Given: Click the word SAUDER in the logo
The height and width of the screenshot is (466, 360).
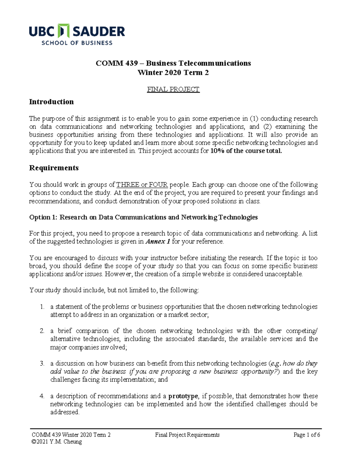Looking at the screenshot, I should pyautogui.click(x=99, y=32).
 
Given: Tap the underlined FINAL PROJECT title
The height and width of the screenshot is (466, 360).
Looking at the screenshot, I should pyautogui.click(x=173, y=89).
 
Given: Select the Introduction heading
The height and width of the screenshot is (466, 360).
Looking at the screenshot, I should pyautogui.click(x=51, y=102).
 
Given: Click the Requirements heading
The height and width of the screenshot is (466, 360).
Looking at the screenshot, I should pyautogui.click(x=54, y=168).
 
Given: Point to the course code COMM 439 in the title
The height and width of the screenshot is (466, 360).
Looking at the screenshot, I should pyautogui.click(x=116, y=63).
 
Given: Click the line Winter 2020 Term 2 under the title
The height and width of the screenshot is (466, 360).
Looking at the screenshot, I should pyautogui.click(x=173, y=73).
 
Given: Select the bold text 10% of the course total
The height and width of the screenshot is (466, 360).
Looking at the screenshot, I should pyautogui.click(x=246, y=151).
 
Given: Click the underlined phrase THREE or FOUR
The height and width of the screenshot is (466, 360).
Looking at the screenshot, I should pyautogui.click(x=142, y=185).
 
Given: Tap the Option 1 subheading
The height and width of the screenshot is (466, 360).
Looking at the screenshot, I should pyautogui.click(x=143, y=217).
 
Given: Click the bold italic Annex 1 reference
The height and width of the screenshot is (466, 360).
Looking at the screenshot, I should pyautogui.click(x=158, y=242).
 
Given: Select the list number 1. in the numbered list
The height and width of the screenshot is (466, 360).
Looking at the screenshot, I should pyautogui.click(x=42, y=307).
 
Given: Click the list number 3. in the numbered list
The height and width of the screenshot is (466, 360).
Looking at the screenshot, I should pyautogui.click(x=42, y=364).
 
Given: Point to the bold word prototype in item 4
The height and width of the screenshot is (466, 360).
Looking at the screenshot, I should pyautogui.click(x=183, y=396).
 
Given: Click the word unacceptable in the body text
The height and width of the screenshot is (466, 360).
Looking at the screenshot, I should pyautogui.click(x=283, y=274).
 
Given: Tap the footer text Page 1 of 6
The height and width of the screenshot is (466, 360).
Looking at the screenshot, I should pyautogui.click(x=307, y=435).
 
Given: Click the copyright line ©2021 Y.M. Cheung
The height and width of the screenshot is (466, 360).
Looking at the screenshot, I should pyautogui.click(x=57, y=442).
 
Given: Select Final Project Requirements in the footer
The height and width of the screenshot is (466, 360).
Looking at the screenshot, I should pyautogui.click(x=187, y=435).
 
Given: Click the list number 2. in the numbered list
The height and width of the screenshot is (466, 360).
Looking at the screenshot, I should pyautogui.click(x=42, y=331).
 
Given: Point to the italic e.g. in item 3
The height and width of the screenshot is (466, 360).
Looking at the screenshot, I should pyautogui.click(x=276, y=364).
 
